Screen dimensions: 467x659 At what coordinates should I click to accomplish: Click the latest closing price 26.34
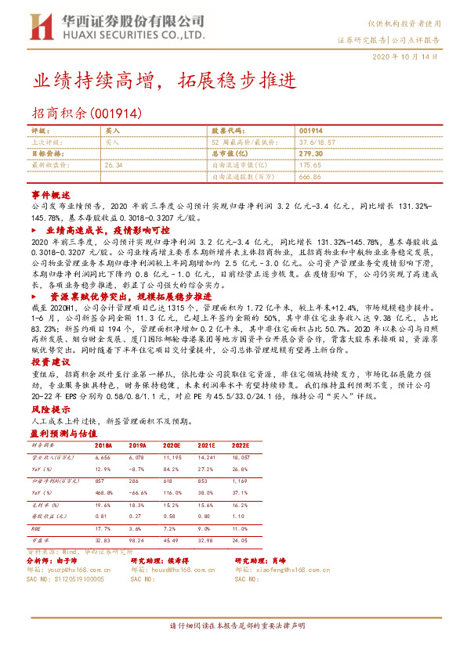pyautogui.click(x=114, y=165)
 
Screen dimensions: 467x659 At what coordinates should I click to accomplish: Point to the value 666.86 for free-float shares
pyautogui.click(x=310, y=177)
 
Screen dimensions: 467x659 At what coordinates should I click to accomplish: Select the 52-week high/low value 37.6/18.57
pyautogui.click(x=319, y=142)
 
